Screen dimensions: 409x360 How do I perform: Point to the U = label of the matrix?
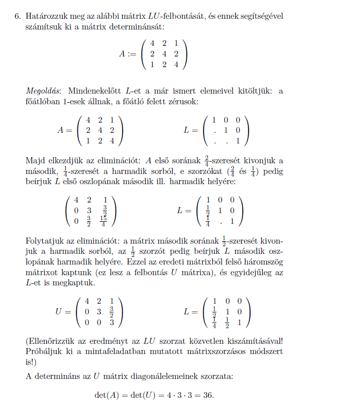point(63,311)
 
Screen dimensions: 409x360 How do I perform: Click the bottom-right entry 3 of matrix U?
point(111,323)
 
